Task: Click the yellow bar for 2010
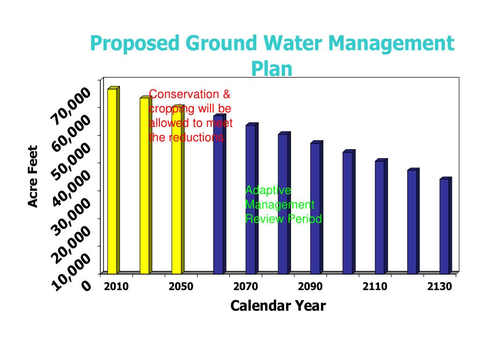(112, 183)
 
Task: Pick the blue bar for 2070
(250, 202)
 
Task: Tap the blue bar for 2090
(315, 211)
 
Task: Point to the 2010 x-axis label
(116, 287)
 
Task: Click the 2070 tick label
(246, 287)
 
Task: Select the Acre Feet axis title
(32, 177)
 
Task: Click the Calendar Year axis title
(278, 306)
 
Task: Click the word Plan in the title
(271, 68)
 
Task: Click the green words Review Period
(284, 219)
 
